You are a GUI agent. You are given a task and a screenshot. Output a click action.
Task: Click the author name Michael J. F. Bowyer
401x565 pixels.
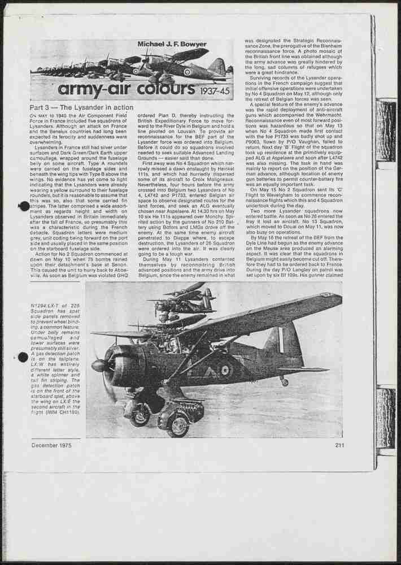pos(172,45)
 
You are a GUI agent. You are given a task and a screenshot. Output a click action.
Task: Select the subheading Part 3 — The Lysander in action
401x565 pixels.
pos(81,107)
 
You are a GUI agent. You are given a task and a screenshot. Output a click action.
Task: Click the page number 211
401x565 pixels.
pos(339,445)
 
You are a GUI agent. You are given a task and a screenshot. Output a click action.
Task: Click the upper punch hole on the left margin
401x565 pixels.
pos(24,206)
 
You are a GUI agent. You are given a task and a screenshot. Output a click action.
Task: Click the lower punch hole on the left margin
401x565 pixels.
pos(23,357)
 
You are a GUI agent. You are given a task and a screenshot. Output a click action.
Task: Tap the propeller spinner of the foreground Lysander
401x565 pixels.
pos(99,366)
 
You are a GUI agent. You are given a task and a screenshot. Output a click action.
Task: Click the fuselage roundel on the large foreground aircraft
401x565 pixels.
pos(225,371)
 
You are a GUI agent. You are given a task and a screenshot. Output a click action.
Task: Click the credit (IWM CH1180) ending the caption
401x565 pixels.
pos(65,413)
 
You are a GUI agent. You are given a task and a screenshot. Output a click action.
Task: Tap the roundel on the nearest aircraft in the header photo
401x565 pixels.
pos(187,72)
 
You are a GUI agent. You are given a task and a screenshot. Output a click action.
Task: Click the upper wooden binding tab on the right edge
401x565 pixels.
pos(386,130)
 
